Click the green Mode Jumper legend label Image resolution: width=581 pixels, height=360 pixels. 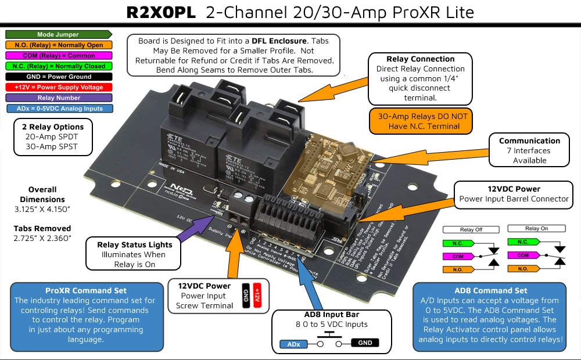pos(58,35)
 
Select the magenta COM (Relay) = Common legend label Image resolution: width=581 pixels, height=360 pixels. pos(58,56)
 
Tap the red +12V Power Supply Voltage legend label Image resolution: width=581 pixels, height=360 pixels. pos(58,87)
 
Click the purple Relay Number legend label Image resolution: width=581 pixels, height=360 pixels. pos(58,98)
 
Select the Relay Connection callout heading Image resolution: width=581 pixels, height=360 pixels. pos(420,59)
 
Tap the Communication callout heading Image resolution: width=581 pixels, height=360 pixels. pos(529,141)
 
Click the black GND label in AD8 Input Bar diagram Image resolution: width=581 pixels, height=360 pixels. pos(365,343)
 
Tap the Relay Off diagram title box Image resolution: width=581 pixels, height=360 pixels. pos(471,229)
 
